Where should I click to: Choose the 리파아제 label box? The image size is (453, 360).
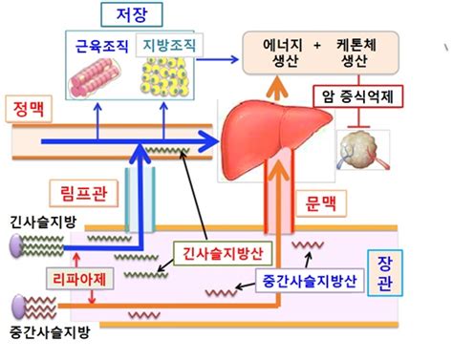click(49, 277)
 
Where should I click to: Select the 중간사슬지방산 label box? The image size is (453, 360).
click(303, 282)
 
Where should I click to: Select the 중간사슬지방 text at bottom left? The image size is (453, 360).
click(41, 335)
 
